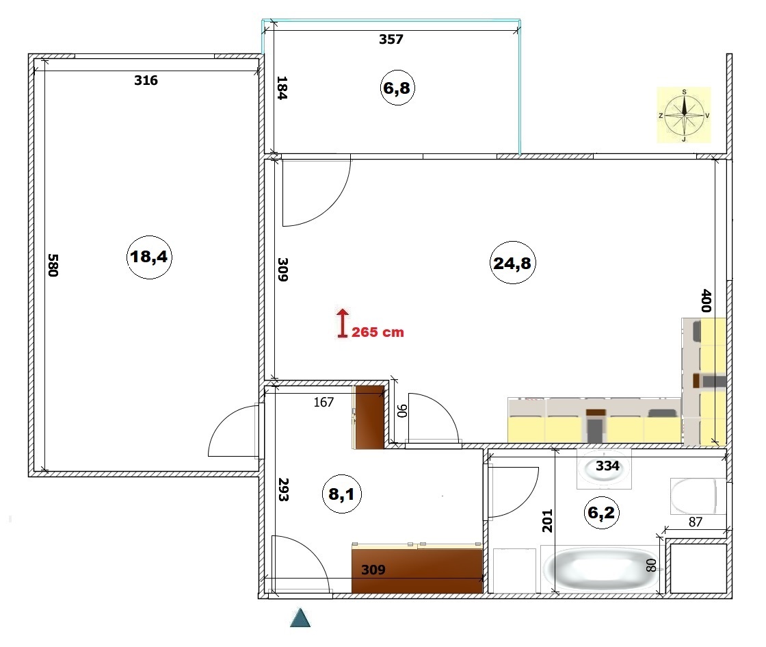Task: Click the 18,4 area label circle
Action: (150, 257)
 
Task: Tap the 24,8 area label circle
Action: (512, 263)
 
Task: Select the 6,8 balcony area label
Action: (397, 88)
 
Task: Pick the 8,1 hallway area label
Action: (341, 494)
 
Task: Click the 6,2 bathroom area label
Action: (601, 513)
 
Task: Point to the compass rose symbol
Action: (684, 116)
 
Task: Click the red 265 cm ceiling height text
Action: (378, 332)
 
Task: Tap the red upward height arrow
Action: (343, 323)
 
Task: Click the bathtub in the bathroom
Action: (603, 570)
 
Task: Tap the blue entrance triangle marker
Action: (300, 618)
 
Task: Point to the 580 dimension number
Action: (53, 265)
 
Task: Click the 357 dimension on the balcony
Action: (391, 39)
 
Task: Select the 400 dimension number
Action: (706, 301)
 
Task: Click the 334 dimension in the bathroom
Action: (607, 466)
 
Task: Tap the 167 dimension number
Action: (323, 402)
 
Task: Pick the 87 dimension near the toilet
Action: (695, 522)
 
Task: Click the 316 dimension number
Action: (146, 80)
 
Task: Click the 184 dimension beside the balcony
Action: (282, 88)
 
